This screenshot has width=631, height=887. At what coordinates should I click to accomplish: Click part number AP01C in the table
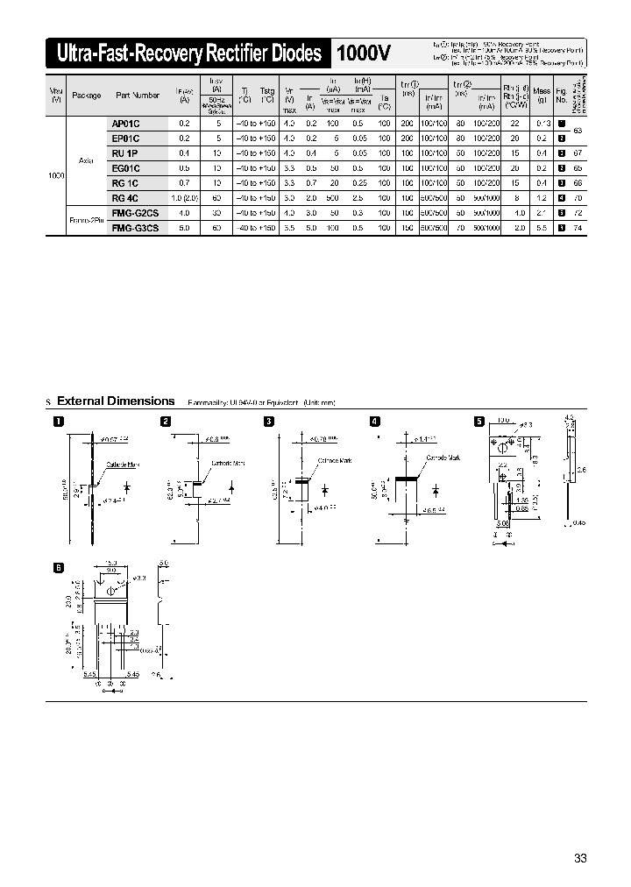click(x=126, y=124)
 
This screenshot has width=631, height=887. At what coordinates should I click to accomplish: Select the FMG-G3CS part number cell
click(x=135, y=227)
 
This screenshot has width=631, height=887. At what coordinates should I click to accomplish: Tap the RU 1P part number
click(x=125, y=153)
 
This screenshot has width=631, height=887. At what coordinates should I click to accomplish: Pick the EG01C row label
click(x=126, y=167)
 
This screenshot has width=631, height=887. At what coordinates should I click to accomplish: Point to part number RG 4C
click(x=125, y=198)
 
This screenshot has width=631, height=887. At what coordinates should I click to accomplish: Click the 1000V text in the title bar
click(x=363, y=54)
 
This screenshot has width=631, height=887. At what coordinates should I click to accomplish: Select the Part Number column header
click(x=134, y=95)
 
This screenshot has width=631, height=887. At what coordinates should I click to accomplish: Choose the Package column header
click(x=87, y=95)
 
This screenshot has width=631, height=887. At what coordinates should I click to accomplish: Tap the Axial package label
click(x=87, y=160)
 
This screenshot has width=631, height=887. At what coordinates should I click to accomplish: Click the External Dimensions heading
click(x=116, y=401)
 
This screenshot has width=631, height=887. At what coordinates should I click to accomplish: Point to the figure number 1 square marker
click(x=59, y=422)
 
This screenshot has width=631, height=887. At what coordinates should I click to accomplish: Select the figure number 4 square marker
click(x=375, y=422)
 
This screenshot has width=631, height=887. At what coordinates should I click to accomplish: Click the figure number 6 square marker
click(x=59, y=567)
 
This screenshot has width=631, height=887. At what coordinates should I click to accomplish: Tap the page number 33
click(x=580, y=857)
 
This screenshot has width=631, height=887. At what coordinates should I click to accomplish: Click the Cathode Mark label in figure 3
click(x=334, y=461)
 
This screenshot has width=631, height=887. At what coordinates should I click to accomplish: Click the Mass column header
click(x=542, y=90)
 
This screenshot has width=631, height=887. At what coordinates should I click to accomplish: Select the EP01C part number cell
click(x=126, y=138)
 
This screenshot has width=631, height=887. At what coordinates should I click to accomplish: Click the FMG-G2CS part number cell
click(x=135, y=213)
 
